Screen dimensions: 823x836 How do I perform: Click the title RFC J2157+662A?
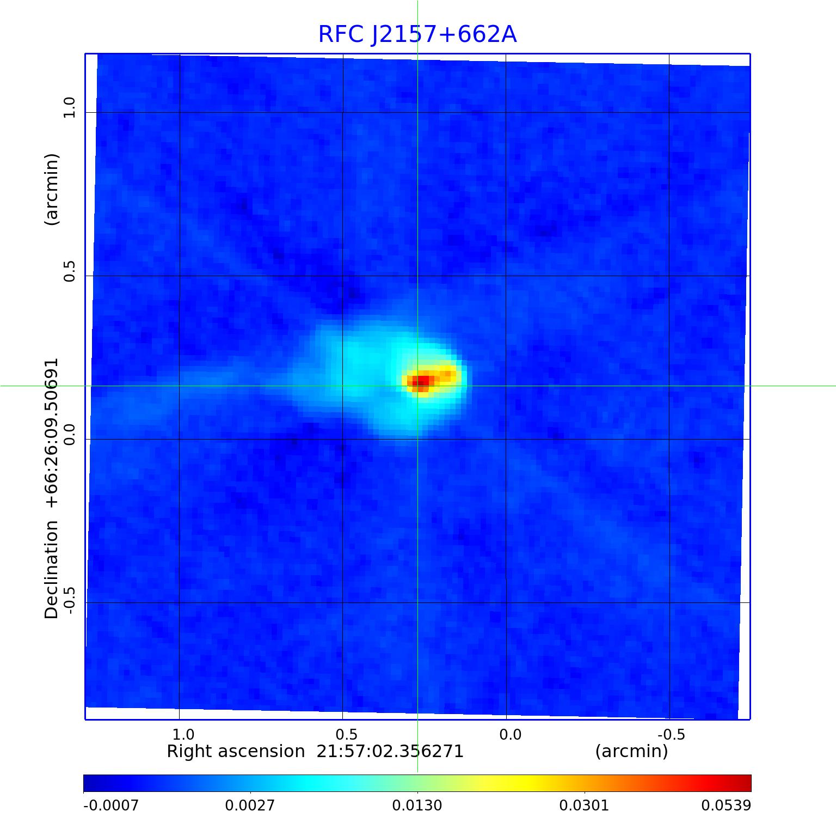(417, 34)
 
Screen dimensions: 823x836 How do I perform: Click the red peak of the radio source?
(420, 381)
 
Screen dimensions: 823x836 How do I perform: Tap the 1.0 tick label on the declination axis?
(69, 107)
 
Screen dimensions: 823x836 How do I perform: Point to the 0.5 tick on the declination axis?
(69, 271)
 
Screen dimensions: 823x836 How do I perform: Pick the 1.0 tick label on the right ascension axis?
(183, 735)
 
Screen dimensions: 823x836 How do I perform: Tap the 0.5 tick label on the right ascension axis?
(346, 735)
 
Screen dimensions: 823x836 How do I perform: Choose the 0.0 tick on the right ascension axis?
(510, 735)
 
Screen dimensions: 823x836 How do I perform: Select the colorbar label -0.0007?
(111, 805)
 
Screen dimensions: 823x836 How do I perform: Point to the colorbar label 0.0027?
(250, 805)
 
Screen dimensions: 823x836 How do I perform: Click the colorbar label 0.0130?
(417, 805)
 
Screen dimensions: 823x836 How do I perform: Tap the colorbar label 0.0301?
(584, 805)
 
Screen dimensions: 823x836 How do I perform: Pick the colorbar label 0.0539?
(726, 805)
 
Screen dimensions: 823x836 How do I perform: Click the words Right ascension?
(235, 752)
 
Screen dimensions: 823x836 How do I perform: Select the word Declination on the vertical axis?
(52, 569)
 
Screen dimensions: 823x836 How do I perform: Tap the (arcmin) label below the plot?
(631, 752)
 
